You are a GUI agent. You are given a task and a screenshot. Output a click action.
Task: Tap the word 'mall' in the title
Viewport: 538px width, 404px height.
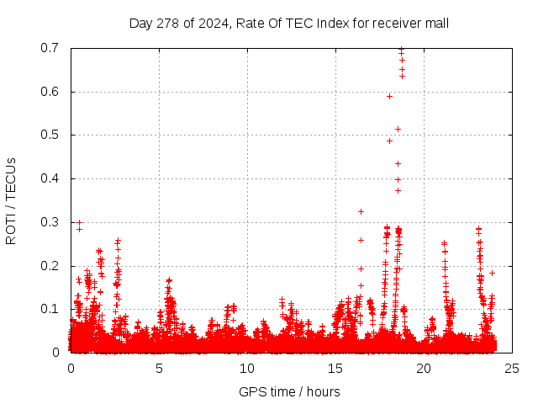pos(436,23)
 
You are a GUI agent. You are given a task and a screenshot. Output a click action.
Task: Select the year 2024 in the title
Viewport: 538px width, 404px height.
pos(214,23)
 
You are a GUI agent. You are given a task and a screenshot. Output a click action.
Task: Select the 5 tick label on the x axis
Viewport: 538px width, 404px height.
pos(159,368)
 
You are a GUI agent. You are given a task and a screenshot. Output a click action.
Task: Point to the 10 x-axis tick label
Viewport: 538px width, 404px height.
pos(247,368)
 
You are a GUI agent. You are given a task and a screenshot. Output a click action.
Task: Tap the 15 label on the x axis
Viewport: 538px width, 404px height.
pos(335,368)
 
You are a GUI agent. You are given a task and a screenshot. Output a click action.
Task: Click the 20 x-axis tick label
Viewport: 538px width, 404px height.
pos(424,368)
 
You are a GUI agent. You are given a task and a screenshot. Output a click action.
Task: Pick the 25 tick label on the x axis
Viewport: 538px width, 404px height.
pos(512,368)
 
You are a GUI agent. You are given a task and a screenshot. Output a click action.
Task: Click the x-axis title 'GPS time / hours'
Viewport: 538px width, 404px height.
pos(289,391)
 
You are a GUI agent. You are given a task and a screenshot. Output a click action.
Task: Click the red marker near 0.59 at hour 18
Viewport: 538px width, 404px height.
pos(389,96)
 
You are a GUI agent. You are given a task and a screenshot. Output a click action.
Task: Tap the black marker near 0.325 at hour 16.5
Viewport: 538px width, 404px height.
pos(361,211)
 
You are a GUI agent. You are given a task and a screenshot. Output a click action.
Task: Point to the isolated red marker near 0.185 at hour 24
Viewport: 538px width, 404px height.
pos(492,272)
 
